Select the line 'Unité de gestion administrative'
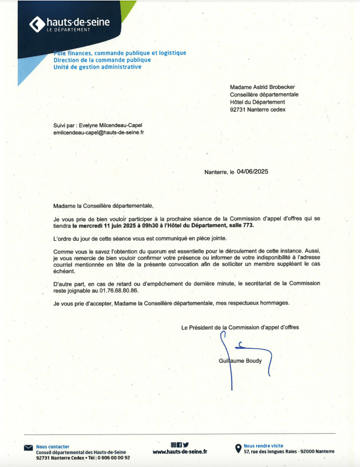click(x=97, y=67)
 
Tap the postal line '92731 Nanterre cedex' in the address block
click(x=258, y=110)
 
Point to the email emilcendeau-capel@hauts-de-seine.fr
click(x=99, y=132)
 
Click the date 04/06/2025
click(x=252, y=172)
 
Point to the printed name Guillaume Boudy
click(x=241, y=361)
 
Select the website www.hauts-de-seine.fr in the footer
click(x=180, y=451)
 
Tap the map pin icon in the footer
click(x=238, y=449)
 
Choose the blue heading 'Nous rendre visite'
click(x=263, y=446)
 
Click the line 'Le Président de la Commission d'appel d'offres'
click(x=240, y=327)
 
